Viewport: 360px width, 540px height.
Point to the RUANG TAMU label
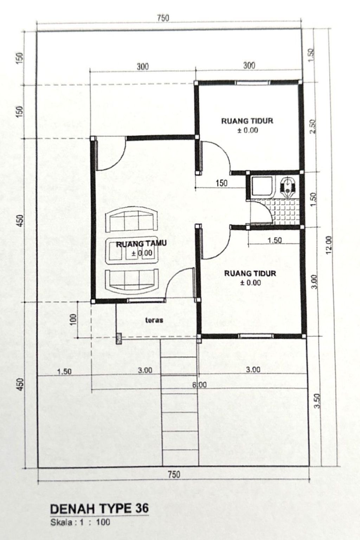(x=141, y=244)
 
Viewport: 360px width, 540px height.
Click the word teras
(x=154, y=320)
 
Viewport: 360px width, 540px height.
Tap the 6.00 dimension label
(x=199, y=385)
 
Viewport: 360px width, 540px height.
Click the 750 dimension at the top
(x=163, y=18)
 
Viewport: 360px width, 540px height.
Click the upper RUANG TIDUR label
(x=247, y=121)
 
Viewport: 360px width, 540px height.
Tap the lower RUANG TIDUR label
(x=250, y=273)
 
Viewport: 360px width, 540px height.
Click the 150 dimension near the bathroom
(x=221, y=183)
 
